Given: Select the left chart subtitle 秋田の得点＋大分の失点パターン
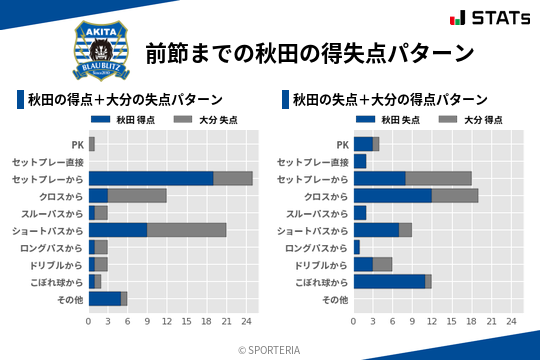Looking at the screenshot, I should tap(125, 100).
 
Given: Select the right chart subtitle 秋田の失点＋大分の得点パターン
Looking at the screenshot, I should tap(390, 100).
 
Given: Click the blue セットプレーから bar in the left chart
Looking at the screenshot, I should tap(151, 178).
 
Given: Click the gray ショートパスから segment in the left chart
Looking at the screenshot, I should tap(186, 229).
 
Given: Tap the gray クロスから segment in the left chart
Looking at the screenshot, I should tap(137, 195).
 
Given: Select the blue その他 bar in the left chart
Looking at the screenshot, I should tap(104, 298).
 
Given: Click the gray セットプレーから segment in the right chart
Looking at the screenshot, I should tap(438, 178).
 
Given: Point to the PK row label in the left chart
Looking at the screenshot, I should tap(77, 144).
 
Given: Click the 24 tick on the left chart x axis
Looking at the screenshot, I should tap(246, 321).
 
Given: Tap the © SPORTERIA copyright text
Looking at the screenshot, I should tap(270, 349).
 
